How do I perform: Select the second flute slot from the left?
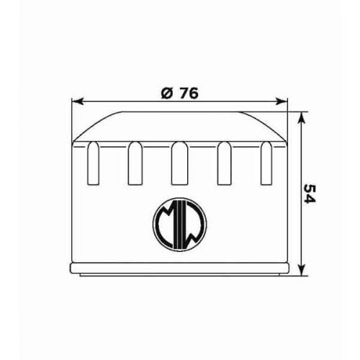(x=135, y=163)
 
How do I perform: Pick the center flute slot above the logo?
(x=180, y=163)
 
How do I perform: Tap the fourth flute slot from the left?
(x=225, y=163)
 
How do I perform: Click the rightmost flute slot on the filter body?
(x=267, y=163)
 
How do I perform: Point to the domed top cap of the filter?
(x=180, y=125)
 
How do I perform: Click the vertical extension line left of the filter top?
(x=73, y=119)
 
